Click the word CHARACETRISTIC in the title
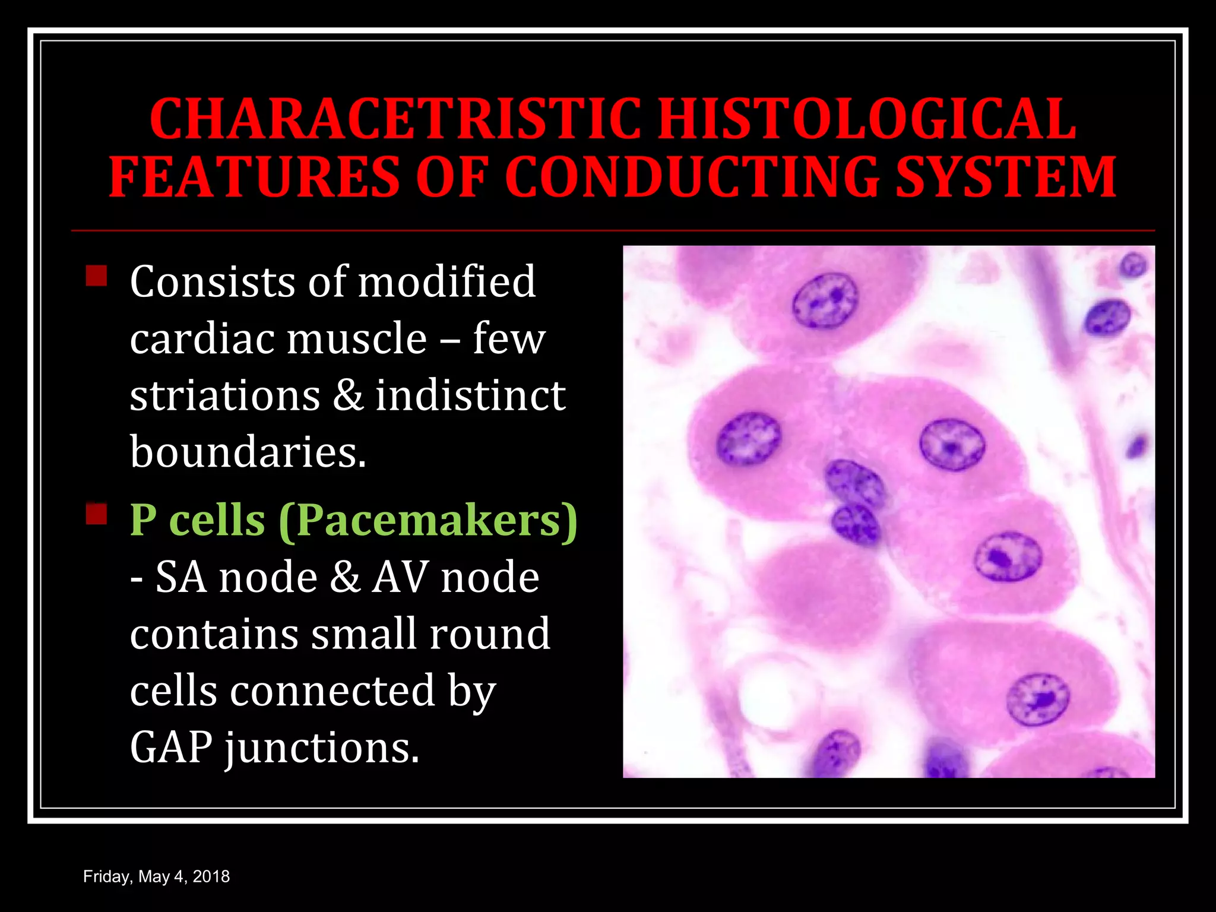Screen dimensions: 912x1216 (395, 119)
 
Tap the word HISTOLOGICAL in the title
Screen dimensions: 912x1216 (867, 119)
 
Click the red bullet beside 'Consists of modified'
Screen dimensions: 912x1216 (96, 275)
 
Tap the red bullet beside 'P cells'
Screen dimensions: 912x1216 (96, 514)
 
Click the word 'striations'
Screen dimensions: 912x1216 (225, 396)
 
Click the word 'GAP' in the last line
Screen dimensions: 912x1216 (171, 748)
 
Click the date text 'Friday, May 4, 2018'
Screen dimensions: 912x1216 (156, 876)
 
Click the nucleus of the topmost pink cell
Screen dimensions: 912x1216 (825, 300)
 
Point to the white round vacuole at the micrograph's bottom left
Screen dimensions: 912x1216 (766, 695)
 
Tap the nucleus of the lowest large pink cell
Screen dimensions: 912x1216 (1038, 699)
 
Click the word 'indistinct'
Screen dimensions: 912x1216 (470, 396)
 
